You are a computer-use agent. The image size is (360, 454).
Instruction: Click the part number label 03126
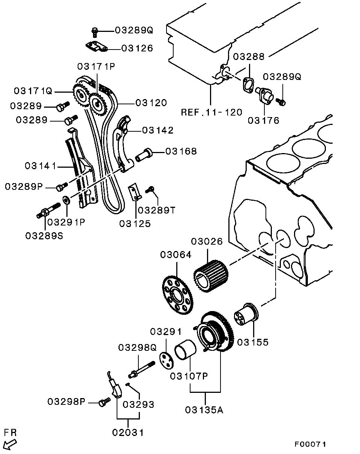point(136,48)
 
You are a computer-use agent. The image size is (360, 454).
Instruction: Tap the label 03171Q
point(33,91)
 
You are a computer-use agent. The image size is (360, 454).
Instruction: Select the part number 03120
point(151,102)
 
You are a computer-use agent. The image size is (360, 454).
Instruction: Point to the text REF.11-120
point(211,112)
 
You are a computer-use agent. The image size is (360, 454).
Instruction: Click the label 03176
point(263,120)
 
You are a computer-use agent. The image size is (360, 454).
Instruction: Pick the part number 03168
point(181,151)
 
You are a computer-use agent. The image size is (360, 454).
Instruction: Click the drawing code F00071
point(310,444)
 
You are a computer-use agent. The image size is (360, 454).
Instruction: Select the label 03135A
point(204,410)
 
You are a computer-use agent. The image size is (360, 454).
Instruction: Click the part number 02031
point(128,433)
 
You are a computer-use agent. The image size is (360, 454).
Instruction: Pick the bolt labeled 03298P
point(103,403)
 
